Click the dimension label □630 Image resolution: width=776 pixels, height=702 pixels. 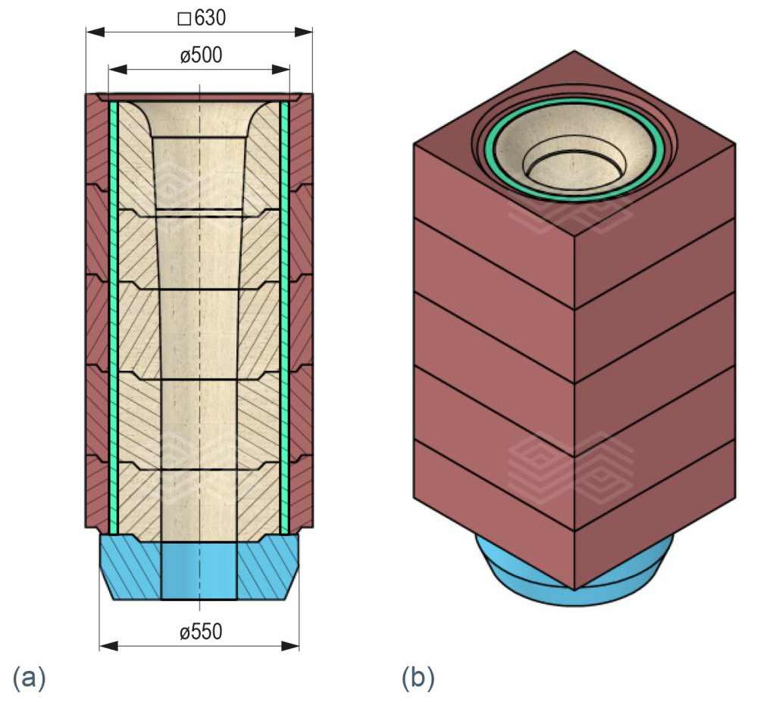(x=201, y=18)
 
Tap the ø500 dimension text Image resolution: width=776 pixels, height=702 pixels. (x=201, y=55)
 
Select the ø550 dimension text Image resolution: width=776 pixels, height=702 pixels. (x=201, y=631)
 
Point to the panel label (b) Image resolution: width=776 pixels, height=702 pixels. (x=418, y=677)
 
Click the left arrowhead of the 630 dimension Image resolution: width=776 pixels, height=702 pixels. (x=92, y=32)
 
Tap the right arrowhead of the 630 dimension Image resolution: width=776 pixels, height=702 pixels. (x=305, y=32)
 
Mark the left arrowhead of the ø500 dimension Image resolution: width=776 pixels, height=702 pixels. (x=116, y=69)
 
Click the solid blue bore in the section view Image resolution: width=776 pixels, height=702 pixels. (x=199, y=570)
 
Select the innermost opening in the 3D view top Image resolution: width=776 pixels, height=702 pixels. (x=574, y=167)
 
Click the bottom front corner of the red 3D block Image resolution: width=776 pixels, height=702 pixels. (x=574, y=588)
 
